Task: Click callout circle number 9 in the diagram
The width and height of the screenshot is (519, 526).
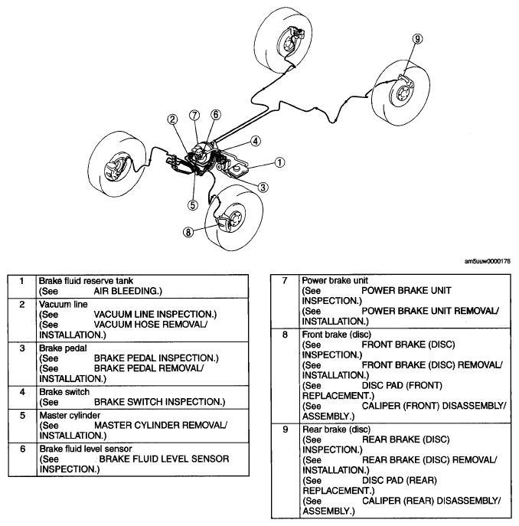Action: (x=417, y=39)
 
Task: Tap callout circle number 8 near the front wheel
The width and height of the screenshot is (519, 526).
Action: (x=188, y=232)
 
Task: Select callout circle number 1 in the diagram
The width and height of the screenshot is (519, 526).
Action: (x=279, y=162)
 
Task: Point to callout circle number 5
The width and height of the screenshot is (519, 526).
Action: (x=193, y=205)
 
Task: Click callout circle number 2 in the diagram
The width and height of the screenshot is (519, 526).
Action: (x=172, y=119)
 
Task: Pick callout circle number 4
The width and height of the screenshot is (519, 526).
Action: (x=256, y=141)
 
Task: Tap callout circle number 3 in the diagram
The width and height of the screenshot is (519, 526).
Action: (x=263, y=188)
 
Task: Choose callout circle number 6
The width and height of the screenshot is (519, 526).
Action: (x=216, y=115)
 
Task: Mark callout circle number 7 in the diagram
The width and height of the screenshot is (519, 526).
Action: (x=194, y=116)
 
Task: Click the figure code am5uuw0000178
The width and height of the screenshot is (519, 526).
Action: (x=488, y=261)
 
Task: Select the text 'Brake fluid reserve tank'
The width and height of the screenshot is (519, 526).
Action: (x=86, y=281)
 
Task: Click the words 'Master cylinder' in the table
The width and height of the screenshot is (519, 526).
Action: (x=70, y=415)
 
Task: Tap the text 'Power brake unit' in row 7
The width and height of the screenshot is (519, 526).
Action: (x=335, y=280)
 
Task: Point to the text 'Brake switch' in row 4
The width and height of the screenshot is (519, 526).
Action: (x=64, y=392)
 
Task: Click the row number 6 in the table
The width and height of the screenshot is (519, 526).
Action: (x=22, y=449)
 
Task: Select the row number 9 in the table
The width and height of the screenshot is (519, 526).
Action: (x=286, y=430)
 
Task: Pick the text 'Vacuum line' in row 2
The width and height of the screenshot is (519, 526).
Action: (x=64, y=304)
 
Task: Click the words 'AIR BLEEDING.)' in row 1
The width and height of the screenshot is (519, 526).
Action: (x=128, y=291)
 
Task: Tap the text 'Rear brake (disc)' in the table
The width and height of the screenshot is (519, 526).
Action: (x=337, y=430)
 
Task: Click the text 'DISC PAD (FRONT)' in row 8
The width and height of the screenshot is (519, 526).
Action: (x=402, y=386)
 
